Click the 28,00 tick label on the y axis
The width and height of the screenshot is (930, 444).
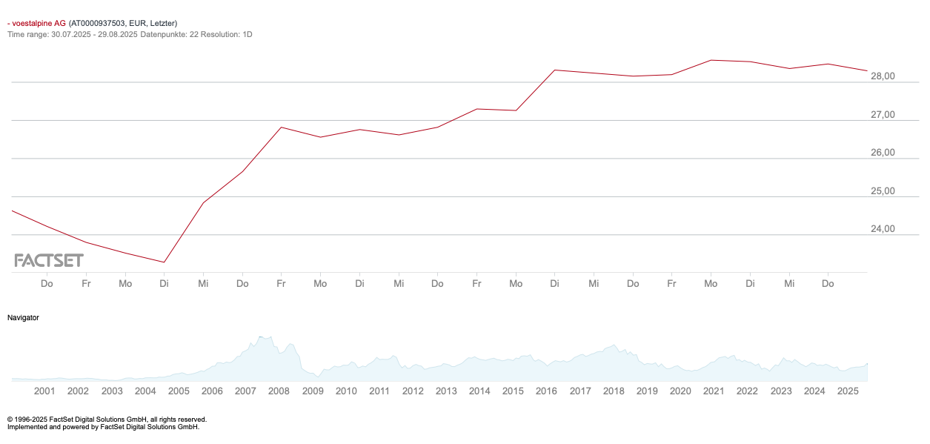click(883, 76)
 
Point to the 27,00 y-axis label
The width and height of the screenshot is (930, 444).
click(883, 115)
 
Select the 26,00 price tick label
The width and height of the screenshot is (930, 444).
click(883, 153)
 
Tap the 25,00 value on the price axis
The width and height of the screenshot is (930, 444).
click(883, 191)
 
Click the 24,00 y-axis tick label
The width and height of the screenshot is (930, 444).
click(883, 229)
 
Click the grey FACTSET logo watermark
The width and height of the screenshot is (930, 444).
click(49, 260)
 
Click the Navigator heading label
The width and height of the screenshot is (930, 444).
click(23, 317)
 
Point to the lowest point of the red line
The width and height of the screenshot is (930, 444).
click(165, 262)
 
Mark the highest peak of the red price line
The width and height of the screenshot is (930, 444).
click(711, 60)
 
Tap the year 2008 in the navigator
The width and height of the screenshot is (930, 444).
click(279, 391)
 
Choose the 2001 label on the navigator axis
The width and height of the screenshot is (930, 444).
click(44, 391)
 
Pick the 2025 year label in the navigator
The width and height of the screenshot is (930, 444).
click(848, 391)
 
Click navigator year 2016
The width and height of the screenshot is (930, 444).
click(546, 391)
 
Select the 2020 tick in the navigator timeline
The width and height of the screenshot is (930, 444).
click(680, 391)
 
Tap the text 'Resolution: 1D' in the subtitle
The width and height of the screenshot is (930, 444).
click(225, 34)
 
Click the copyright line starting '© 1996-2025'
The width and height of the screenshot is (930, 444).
click(107, 420)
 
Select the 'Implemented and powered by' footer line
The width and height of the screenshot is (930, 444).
click(103, 427)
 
